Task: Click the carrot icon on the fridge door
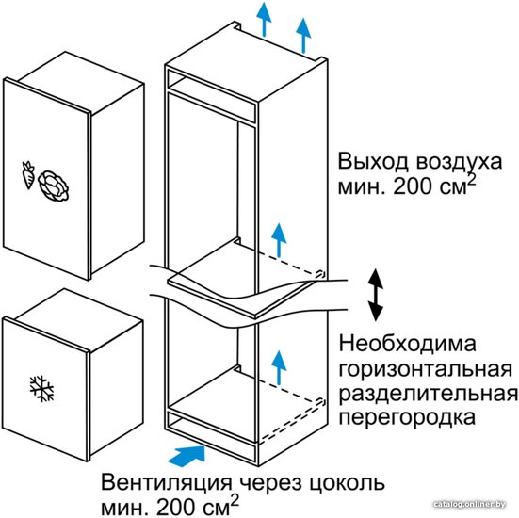tap(28, 175)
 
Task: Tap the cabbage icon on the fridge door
tap(54, 186)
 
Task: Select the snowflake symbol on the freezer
tap(41, 389)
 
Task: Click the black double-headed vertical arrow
tap(376, 295)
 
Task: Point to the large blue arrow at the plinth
tap(187, 456)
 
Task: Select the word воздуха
tap(459, 163)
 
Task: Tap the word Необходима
tap(408, 343)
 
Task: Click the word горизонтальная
tap(426, 369)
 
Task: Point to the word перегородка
tap(407, 419)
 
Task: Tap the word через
tap(268, 484)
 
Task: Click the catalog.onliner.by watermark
tap(469, 504)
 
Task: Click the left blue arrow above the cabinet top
tap(264, 19)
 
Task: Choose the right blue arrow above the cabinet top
tap(303, 36)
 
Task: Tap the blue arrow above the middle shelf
tap(279, 240)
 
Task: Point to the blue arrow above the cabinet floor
tap(279, 367)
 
